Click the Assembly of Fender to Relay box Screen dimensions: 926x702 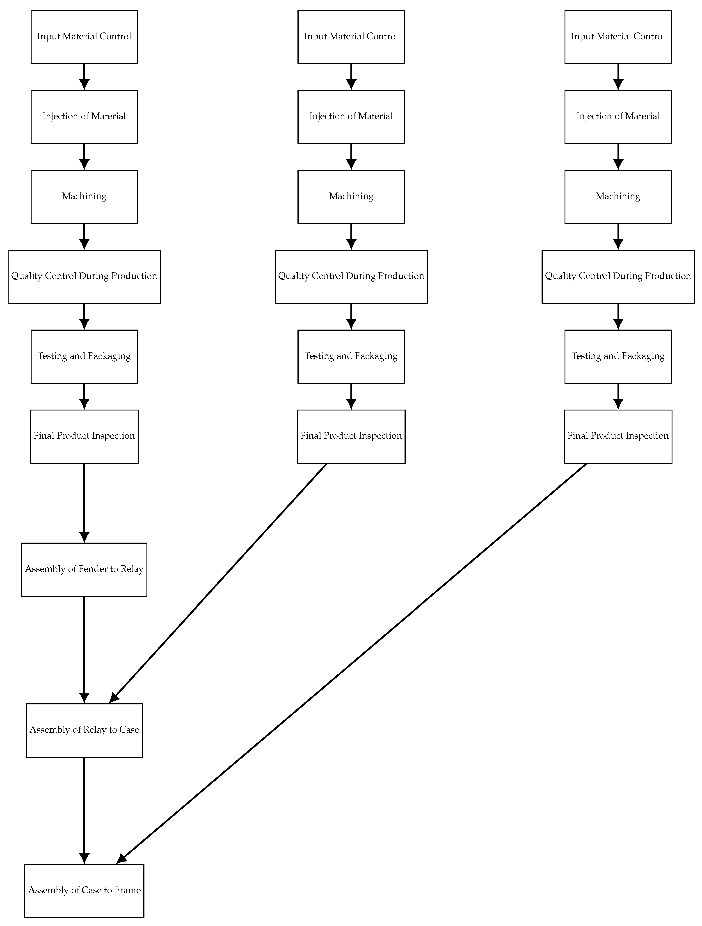[84, 569]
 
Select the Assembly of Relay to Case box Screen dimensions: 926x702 [84, 730]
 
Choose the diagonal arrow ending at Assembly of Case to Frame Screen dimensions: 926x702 [352, 664]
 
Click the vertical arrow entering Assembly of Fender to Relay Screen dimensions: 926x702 [84, 502]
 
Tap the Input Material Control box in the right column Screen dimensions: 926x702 [618, 37]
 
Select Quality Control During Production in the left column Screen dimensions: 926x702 [84, 276]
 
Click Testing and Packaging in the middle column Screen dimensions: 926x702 [351, 356]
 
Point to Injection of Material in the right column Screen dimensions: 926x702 [618, 117]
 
